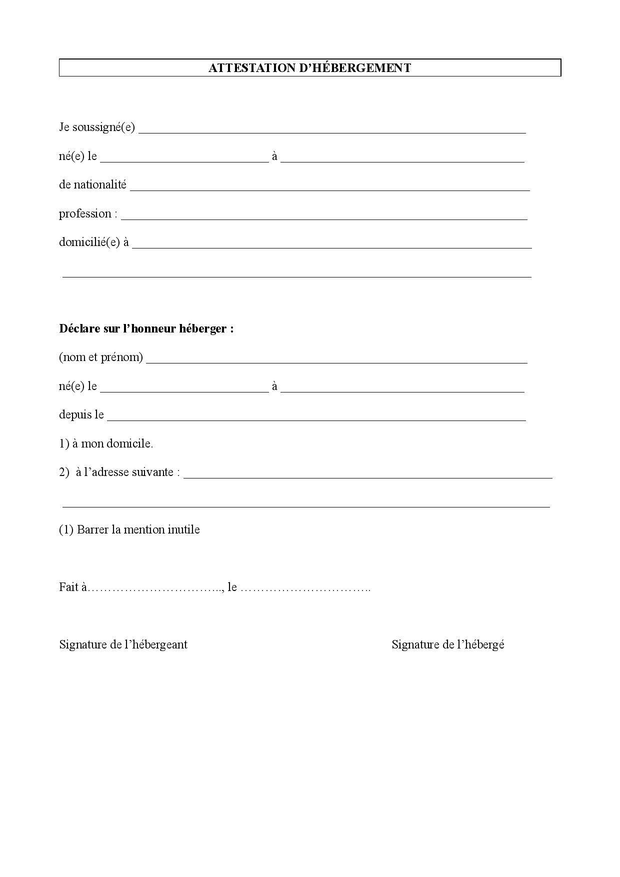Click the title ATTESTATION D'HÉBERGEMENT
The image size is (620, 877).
tap(309, 68)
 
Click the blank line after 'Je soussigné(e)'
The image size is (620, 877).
tap(332, 131)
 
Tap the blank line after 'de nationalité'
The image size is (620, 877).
tap(329, 188)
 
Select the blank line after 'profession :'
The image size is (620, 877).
tap(324, 217)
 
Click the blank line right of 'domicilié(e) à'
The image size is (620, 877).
tap(331, 246)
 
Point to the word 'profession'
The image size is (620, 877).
tap(85, 214)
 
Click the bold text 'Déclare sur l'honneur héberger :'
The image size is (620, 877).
tap(146, 329)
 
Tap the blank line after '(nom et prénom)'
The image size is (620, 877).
tap(336, 361)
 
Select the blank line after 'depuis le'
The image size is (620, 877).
tap(316, 418)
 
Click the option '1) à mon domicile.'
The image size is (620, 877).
tap(106, 443)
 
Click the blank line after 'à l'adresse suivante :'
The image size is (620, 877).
tap(368, 476)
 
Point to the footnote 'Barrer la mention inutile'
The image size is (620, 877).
tap(138, 530)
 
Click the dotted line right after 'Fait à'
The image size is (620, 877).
tap(155, 588)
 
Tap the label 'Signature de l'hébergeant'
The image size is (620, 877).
tap(123, 644)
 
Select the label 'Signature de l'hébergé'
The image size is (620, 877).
tap(447, 644)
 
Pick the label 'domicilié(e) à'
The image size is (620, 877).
tap(94, 242)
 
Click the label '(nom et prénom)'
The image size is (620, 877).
tap(101, 357)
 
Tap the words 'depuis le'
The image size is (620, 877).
tap(81, 415)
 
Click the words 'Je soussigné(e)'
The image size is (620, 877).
tap(97, 127)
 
